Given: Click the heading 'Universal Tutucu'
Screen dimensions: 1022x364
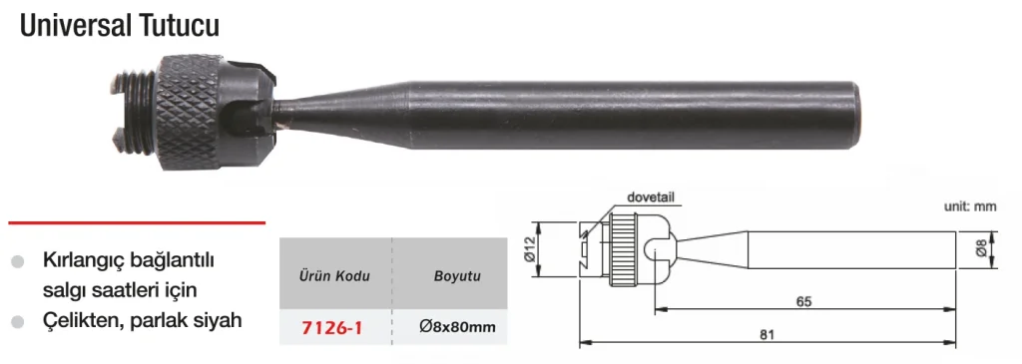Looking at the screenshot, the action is tap(120, 27).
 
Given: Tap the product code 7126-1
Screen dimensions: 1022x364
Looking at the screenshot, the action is tap(331, 327).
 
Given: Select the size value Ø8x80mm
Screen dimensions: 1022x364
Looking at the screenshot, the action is tap(457, 327).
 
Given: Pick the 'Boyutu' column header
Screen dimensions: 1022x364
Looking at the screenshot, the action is tap(457, 276).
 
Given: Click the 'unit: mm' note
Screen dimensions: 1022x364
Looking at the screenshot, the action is tap(970, 207).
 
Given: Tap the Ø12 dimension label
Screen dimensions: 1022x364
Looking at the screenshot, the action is tap(529, 248).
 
